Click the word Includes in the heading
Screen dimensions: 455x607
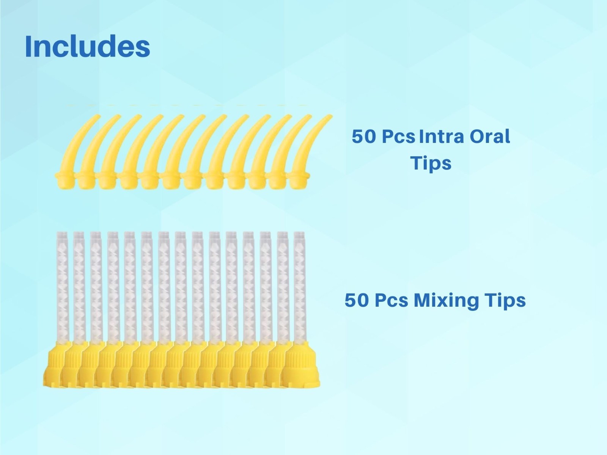pyautogui.click(x=87, y=46)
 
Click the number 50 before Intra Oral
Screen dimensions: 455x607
pyautogui.click(x=363, y=137)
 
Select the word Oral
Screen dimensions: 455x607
pyautogui.click(x=490, y=136)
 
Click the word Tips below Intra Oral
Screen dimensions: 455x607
pyautogui.click(x=431, y=163)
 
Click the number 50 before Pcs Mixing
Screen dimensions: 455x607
pyautogui.click(x=356, y=301)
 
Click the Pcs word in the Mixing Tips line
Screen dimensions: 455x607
pyautogui.click(x=392, y=301)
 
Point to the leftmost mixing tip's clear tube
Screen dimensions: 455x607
pyautogui.click(x=61, y=284)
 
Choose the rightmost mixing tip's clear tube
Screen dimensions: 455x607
pyautogui.click(x=300, y=284)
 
